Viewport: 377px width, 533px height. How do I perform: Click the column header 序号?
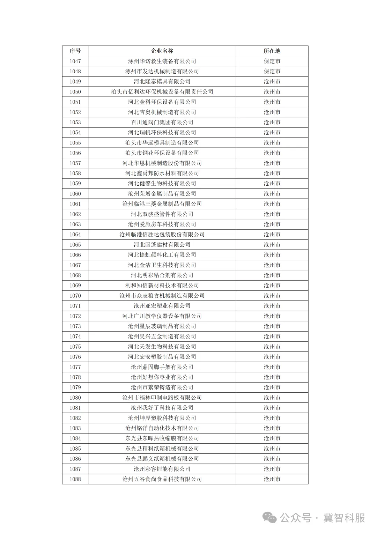(x=75, y=51)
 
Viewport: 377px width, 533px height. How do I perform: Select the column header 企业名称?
(x=162, y=51)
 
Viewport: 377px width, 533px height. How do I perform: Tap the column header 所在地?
(x=272, y=51)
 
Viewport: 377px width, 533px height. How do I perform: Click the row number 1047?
(x=75, y=61)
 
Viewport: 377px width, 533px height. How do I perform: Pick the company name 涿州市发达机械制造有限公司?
(x=162, y=71)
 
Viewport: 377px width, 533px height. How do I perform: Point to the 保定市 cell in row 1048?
(x=272, y=71)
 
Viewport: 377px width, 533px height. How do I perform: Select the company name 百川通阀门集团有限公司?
(x=162, y=122)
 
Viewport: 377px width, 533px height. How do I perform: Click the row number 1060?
(x=75, y=194)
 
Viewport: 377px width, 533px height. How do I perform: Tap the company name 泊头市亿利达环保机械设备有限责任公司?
(x=162, y=92)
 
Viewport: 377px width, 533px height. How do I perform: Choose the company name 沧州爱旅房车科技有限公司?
(x=162, y=224)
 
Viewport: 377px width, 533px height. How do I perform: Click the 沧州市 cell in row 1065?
(x=272, y=245)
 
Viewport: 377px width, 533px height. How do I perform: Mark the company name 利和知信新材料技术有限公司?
(x=162, y=285)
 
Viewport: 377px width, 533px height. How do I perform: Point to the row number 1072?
(x=75, y=316)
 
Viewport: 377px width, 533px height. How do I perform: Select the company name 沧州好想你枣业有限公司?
(x=162, y=377)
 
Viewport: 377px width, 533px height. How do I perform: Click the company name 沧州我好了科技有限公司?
(x=162, y=408)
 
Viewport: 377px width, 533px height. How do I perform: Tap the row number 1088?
(x=75, y=479)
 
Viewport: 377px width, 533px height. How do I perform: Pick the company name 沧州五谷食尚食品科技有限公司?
(x=162, y=479)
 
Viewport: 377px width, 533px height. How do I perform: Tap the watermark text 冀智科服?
(x=344, y=518)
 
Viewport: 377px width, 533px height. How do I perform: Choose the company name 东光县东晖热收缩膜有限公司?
(x=162, y=438)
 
